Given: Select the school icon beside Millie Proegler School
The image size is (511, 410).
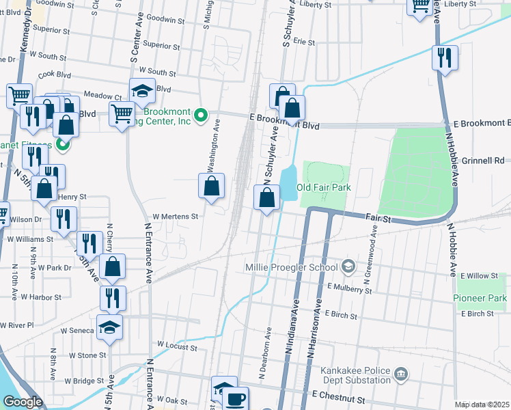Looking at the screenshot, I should click(x=349, y=266).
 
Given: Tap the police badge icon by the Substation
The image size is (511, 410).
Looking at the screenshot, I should click(x=401, y=374).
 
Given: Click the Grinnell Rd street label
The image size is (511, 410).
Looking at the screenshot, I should click(x=482, y=161).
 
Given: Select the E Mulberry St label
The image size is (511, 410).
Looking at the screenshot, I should click(x=349, y=290).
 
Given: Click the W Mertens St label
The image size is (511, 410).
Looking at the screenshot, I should click(x=175, y=216).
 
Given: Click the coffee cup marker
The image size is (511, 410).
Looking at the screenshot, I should click(x=236, y=399).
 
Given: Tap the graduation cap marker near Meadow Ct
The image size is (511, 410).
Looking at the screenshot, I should click(x=141, y=92).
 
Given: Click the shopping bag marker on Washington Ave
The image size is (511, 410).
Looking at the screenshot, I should click(x=212, y=185).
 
